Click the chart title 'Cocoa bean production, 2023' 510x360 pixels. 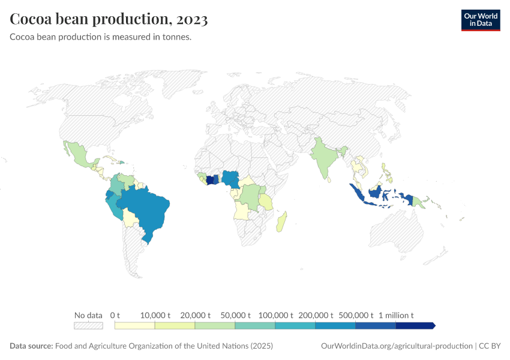point(109,20)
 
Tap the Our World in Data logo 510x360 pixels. point(480,19)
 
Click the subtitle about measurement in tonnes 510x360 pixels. point(101,37)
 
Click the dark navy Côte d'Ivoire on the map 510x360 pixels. point(210,179)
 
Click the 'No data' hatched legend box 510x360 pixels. point(88,326)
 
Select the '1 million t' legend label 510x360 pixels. point(396,315)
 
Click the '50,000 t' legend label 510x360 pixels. point(235,315)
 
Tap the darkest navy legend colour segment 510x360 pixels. point(415,326)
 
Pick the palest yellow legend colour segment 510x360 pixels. point(135,326)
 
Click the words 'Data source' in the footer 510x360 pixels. point(31,346)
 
